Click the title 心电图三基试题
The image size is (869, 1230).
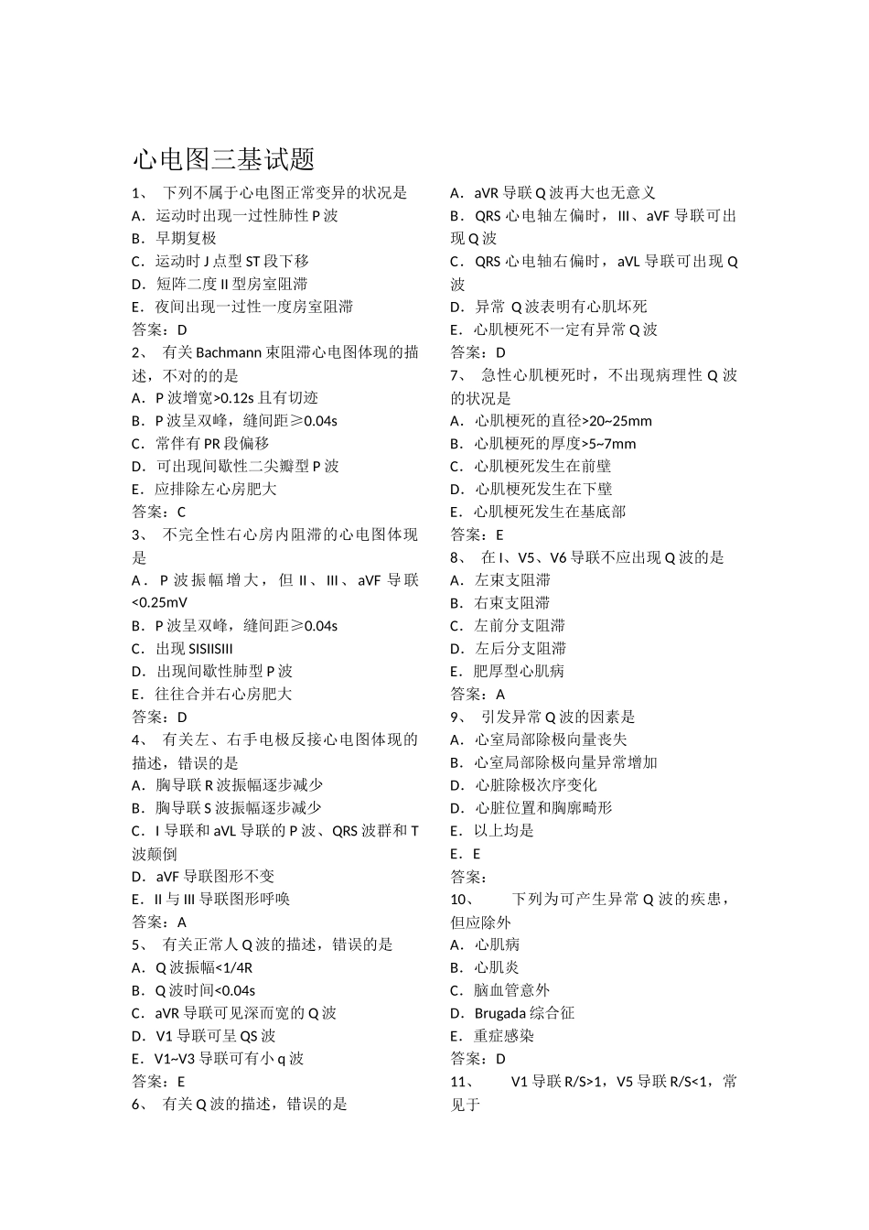(x=224, y=160)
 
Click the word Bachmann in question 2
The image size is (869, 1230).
(x=228, y=352)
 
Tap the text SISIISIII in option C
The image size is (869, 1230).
(x=210, y=648)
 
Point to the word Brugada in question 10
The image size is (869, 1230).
(x=499, y=1013)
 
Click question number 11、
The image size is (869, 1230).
(x=462, y=1082)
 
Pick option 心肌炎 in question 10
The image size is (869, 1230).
(x=497, y=967)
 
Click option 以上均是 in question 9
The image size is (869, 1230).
(x=504, y=830)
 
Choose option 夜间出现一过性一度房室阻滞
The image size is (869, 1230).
(x=253, y=307)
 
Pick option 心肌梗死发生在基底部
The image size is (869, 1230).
(x=550, y=512)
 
